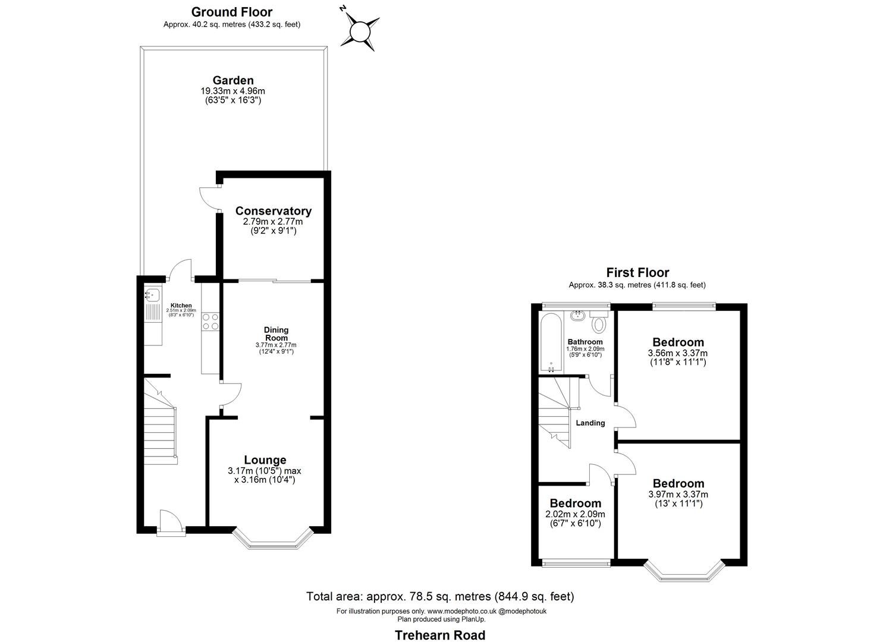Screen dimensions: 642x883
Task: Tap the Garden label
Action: (233, 80)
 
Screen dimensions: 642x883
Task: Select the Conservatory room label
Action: (273, 211)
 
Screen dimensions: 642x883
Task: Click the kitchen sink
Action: (153, 294)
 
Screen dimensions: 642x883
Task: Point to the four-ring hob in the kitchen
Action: (210, 322)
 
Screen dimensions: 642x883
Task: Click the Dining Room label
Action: (276, 333)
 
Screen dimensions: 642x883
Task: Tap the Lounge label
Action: (265, 460)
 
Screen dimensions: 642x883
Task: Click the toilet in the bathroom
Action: (599, 325)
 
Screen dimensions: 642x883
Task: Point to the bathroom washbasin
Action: (577, 316)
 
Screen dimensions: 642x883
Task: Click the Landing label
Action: (590, 423)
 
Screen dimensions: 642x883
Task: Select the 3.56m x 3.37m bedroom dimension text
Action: (678, 353)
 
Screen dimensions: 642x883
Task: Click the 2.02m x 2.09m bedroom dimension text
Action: (574, 514)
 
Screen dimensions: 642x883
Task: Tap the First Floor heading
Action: (637, 273)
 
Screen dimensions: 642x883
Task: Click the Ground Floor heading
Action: (231, 12)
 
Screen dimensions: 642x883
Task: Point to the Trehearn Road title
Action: (440, 635)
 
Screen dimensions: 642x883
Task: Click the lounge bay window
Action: (272, 541)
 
